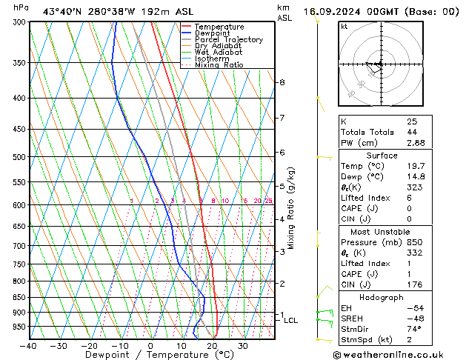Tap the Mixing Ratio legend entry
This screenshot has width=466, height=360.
tap(219, 65)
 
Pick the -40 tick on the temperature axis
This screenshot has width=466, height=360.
tap(28, 345)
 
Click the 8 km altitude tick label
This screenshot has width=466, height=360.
tap(282, 81)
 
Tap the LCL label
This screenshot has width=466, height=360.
tap(290, 320)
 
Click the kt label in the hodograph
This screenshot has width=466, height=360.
tap(344, 26)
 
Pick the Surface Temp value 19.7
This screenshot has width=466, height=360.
tap(413, 167)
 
